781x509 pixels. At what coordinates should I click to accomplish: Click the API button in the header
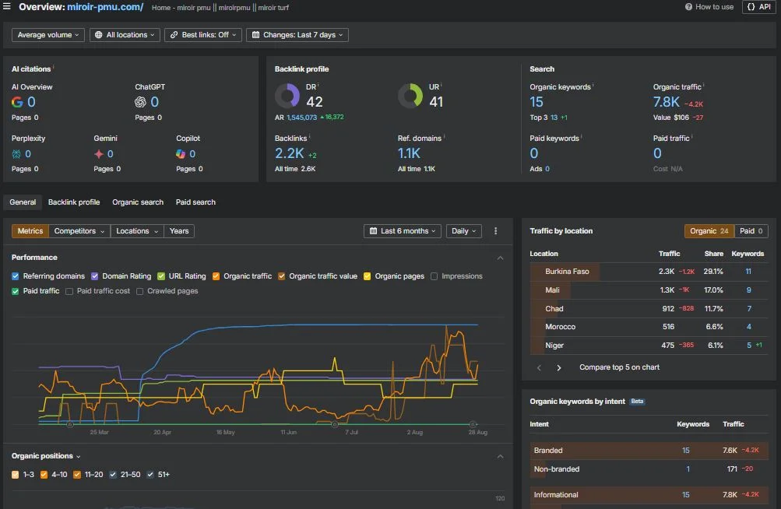coord(759,7)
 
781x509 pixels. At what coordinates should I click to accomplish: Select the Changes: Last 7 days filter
coord(297,35)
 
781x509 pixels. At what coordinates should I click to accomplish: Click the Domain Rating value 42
coord(314,102)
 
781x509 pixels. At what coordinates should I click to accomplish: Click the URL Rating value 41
coord(436,102)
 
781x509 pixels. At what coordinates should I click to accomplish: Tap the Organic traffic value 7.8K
coord(667,102)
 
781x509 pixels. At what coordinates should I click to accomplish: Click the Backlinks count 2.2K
coord(289,153)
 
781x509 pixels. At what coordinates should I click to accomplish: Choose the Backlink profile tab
coord(74,202)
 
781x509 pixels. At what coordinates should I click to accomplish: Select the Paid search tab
coord(195,202)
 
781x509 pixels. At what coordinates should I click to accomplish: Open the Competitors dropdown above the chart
coord(79,231)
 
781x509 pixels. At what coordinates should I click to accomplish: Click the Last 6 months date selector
coord(403,231)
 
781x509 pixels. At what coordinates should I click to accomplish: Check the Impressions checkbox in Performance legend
coord(434,276)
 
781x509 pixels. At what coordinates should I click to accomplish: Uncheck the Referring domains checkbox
coord(16,276)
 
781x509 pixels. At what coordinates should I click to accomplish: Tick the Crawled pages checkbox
coord(140,291)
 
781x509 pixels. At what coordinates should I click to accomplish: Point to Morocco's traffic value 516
coord(667,327)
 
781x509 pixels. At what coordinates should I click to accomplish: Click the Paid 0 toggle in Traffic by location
coord(751,231)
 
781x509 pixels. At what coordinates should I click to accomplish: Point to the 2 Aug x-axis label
coord(415,432)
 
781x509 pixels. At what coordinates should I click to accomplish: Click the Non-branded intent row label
coord(556,469)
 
